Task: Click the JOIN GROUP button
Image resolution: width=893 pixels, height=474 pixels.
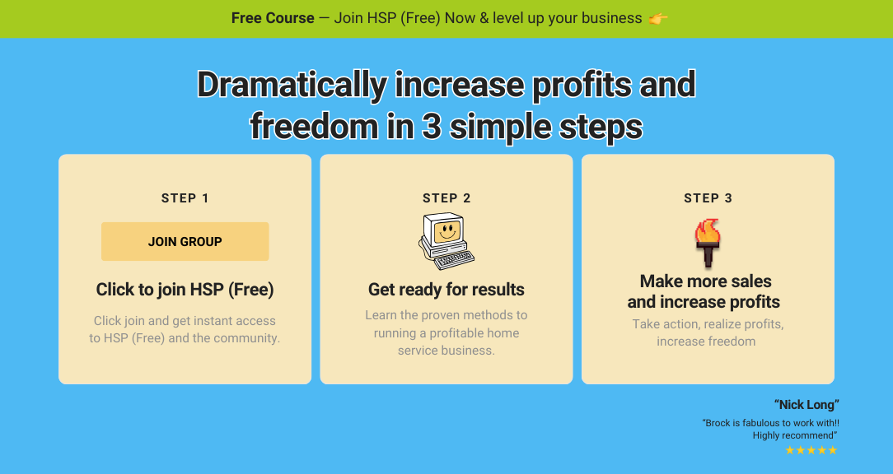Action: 185,241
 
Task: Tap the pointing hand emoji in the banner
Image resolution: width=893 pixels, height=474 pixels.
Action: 657,18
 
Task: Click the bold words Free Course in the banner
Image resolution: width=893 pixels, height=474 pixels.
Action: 273,18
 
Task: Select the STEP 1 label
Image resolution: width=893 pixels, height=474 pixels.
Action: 185,198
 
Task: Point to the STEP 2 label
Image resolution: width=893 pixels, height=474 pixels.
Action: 446,198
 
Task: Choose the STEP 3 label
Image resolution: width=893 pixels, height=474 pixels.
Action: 708,198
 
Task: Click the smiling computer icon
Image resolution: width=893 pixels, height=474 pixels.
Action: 446,241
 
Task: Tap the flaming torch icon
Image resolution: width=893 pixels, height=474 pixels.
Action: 708,243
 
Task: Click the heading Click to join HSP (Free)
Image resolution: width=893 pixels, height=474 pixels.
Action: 185,290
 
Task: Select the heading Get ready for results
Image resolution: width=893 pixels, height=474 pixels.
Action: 446,290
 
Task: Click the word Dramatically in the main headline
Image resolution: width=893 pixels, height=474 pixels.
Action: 292,86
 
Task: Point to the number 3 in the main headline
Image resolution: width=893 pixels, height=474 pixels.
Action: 432,127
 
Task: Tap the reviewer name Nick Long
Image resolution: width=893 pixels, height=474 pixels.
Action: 807,405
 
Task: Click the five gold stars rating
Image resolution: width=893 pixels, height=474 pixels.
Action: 811,450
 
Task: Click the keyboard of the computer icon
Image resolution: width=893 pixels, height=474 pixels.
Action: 454,260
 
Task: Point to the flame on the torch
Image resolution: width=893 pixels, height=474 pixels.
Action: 708,230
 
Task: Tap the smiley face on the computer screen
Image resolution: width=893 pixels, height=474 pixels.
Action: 447,231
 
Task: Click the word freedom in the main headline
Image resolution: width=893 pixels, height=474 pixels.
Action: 314,127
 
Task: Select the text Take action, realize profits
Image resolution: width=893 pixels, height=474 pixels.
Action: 708,324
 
